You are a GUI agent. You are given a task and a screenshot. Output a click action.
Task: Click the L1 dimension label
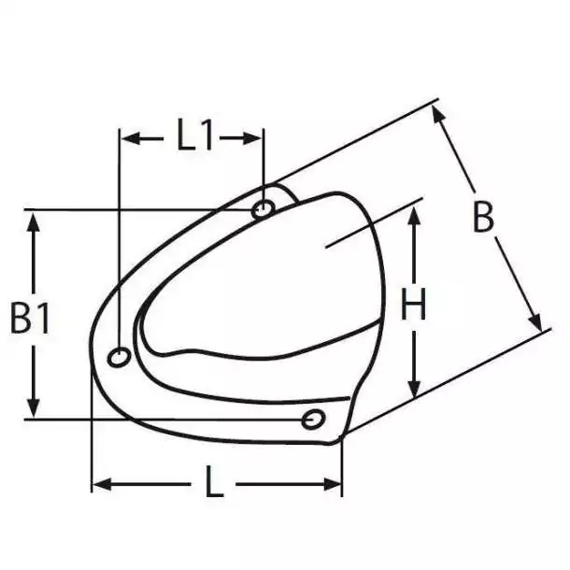pos(194,135)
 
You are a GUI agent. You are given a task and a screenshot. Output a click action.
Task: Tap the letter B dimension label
pos(483,218)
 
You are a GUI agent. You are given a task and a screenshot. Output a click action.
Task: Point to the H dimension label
pos(413,304)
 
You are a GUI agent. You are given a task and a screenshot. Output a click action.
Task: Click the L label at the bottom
pos(214,481)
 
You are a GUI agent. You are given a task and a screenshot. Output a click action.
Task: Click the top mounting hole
pos(264,209)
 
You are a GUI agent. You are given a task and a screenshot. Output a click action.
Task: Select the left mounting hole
pos(119,357)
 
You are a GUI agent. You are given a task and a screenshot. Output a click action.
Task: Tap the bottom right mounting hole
pos(313,420)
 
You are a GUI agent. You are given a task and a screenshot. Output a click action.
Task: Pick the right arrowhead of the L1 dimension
pos(252,138)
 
